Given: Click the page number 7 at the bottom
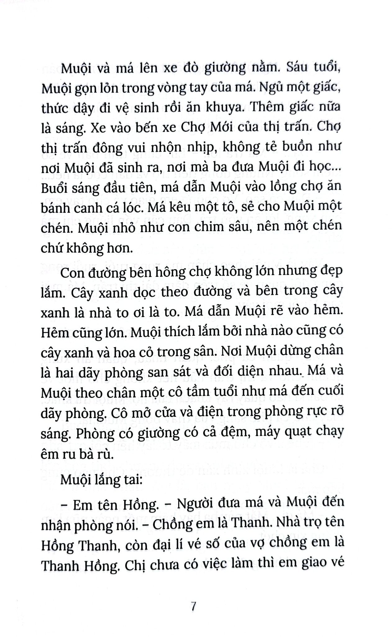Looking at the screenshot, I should [194, 607].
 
